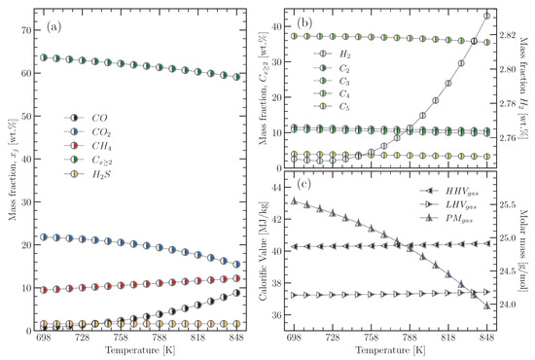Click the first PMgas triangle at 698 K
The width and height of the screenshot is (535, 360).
click(294, 201)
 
